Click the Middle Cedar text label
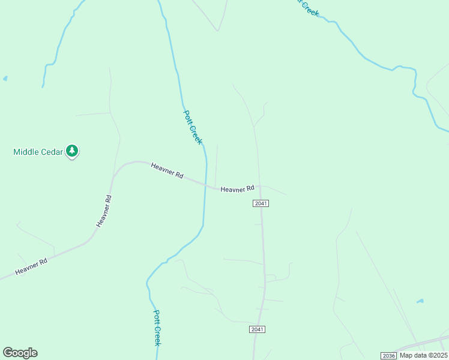(x=37, y=152)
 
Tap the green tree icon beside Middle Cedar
(x=72, y=151)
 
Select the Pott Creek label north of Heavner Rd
(x=192, y=127)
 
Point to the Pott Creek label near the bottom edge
(x=157, y=328)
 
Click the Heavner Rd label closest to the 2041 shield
(x=237, y=189)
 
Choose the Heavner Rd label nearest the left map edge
(x=31, y=266)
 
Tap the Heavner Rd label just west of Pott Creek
(x=167, y=170)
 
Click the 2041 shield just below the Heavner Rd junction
(x=261, y=203)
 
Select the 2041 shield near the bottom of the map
(x=257, y=329)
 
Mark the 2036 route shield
(x=388, y=356)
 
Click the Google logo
(x=20, y=353)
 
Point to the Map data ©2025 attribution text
(x=423, y=355)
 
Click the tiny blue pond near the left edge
(x=5, y=78)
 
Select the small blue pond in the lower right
(x=420, y=301)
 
